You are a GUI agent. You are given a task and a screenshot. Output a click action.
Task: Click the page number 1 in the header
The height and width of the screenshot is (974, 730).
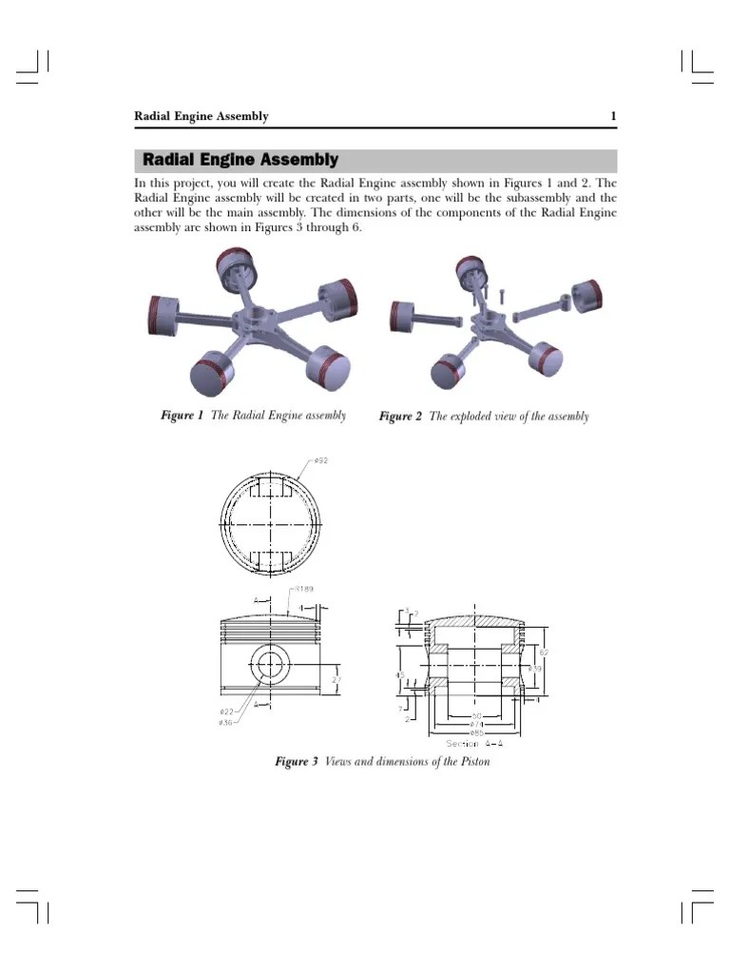click(614, 117)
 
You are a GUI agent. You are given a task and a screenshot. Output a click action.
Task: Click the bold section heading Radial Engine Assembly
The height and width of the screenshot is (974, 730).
click(240, 160)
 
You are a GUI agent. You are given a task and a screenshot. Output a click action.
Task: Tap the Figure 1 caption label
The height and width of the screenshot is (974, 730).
click(181, 416)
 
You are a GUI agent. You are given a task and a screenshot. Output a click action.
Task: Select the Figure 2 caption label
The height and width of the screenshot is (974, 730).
click(400, 417)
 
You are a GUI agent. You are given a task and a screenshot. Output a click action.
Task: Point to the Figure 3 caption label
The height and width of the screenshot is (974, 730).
click(296, 762)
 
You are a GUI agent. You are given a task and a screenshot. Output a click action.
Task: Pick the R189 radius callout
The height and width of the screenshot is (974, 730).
click(303, 590)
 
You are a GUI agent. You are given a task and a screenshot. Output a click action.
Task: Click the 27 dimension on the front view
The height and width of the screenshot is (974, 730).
click(336, 679)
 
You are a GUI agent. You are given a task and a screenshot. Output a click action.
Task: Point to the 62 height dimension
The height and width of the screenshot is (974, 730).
click(543, 653)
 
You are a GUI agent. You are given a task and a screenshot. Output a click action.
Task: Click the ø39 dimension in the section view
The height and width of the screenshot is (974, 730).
click(535, 670)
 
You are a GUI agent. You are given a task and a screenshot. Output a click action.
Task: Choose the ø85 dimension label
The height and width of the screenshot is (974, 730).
click(475, 733)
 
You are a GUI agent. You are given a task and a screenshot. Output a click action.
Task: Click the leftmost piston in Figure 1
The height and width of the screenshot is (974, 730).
click(165, 313)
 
